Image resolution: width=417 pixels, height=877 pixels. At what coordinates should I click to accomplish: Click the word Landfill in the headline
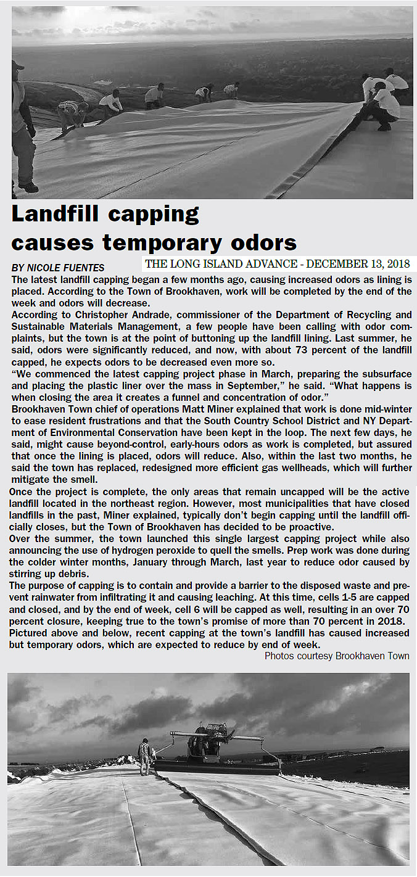(x=56, y=214)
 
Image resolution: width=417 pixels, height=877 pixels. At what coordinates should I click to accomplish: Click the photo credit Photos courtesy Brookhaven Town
(x=337, y=656)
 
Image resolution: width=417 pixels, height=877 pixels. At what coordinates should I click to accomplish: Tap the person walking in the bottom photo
(x=144, y=756)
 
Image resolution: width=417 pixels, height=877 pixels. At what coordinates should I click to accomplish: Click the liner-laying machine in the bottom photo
(x=209, y=746)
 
